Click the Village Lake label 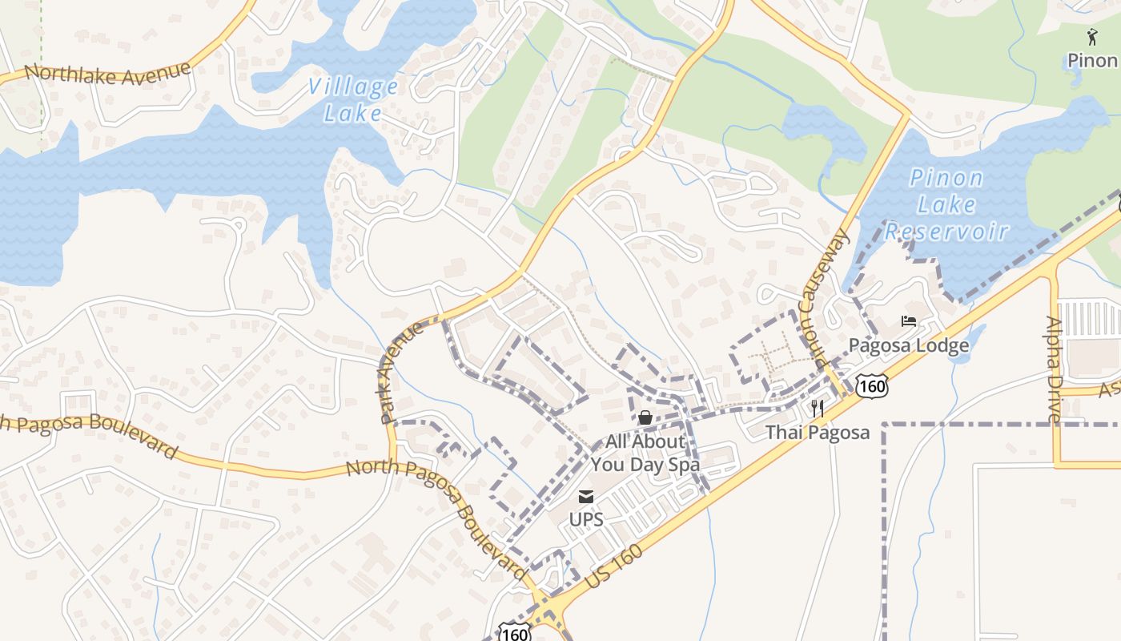[353, 99]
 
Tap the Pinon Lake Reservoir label [946, 204]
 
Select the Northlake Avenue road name [108, 74]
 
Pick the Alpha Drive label [1055, 369]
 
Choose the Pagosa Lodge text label [909, 345]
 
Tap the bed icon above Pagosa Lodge [908, 321]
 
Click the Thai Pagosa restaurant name [818, 433]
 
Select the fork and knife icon [818, 408]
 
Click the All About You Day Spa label [645, 453]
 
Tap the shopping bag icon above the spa [645, 417]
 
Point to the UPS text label [586, 519]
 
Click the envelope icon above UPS [586, 497]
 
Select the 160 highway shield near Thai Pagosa [871, 387]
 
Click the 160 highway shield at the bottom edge [512, 631]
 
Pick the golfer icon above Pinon [1092, 36]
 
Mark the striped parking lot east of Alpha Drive [1089, 319]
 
